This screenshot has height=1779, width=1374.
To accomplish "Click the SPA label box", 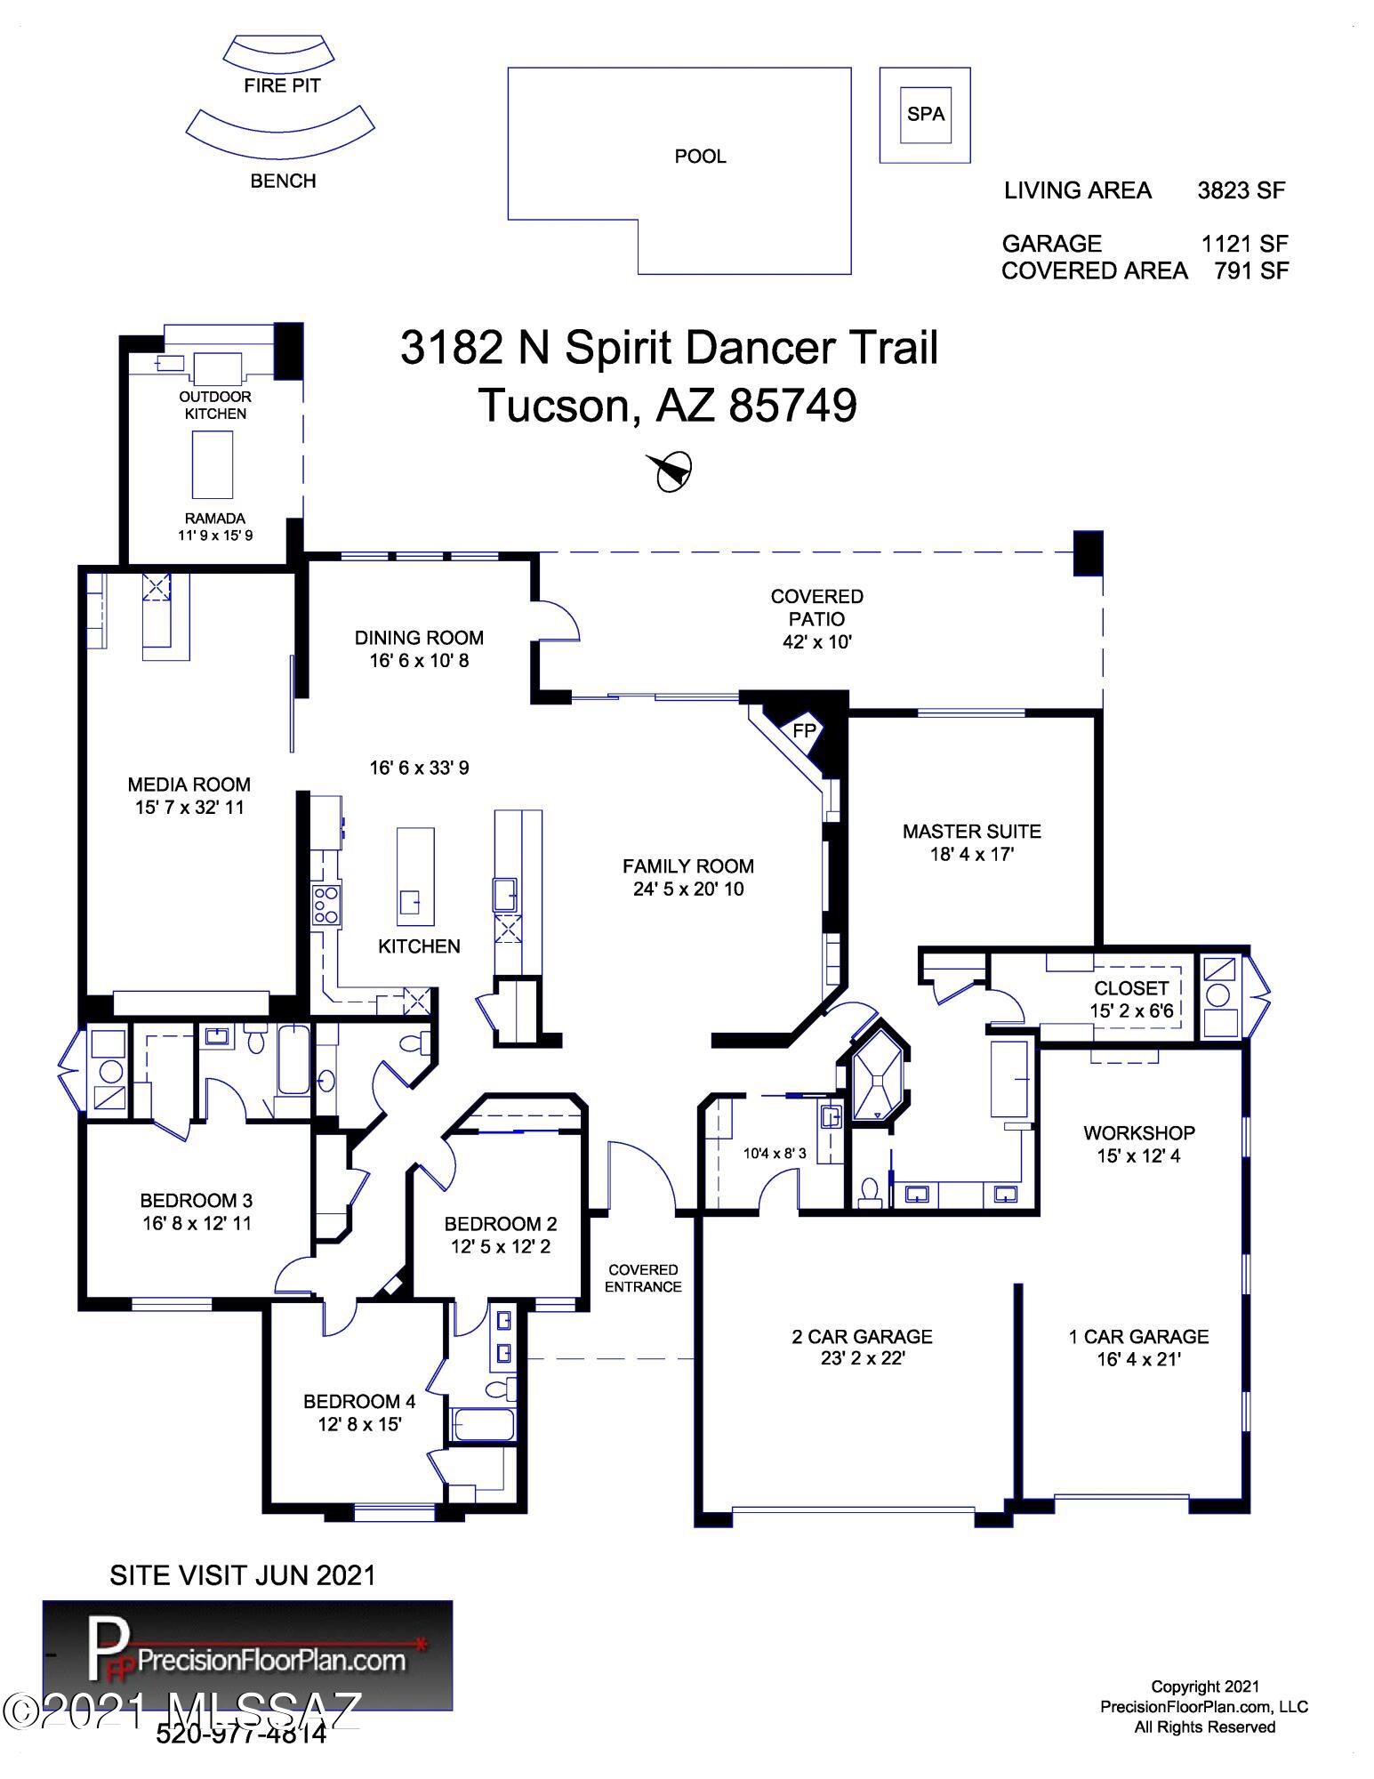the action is click(x=925, y=114).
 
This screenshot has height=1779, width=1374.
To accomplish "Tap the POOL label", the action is click(x=701, y=157).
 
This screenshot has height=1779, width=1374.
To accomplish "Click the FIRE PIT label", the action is click(x=283, y=86).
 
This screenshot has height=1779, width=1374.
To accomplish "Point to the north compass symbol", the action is click(x=671, y=471).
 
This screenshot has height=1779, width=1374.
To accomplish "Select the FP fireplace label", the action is click(x=804, y=730).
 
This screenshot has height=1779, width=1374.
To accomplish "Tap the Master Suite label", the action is click(x=972, y=832).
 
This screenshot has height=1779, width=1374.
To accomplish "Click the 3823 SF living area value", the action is click(x=1241, y=190).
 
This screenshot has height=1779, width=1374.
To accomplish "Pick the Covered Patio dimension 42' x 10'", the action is click(x=817, y=641).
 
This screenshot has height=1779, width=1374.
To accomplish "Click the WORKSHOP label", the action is click(x=1139, y=1133).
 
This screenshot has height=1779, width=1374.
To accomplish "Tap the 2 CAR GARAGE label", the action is click(x=863, y=1337).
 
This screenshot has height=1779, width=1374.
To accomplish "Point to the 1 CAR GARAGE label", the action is click(x=1139, y=1337).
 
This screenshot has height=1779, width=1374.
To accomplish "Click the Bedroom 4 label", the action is click(x=359, y=1402).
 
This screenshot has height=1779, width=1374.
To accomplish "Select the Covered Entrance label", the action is click(x=644, y=1278).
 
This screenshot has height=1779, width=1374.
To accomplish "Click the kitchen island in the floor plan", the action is click(x=415, y=876).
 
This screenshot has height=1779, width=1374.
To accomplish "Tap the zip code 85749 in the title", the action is click(x=793, y=407).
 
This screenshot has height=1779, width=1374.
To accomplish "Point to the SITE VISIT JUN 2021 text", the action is click(x=243, y=1575).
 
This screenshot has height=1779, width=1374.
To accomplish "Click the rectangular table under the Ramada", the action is click(x=213, y=465).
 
